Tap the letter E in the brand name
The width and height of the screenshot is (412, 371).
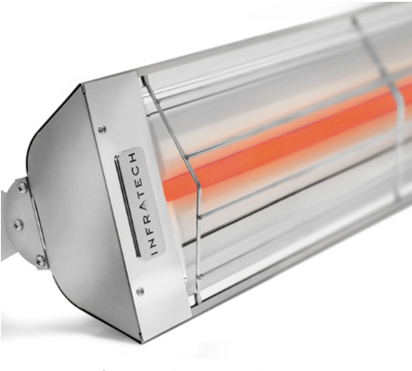pos(141,184)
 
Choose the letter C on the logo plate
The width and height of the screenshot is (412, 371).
pos(139,172)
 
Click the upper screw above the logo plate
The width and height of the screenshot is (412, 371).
pos(103,128)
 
